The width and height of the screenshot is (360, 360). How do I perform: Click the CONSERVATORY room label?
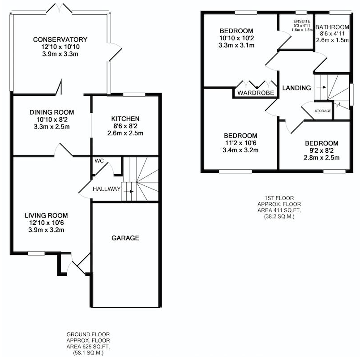pos(60,39)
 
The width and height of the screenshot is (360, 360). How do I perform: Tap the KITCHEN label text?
pos(125,119)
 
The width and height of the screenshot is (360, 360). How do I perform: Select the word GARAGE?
pos(125,238)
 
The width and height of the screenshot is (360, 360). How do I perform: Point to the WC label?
pos(99,161)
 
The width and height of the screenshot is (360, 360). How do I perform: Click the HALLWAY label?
pos(107,189)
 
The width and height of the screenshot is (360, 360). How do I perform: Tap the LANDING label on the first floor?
pos(296,88)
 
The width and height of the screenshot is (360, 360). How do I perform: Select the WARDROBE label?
pos(256,93)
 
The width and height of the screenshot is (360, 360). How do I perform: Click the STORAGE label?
pos(323,111)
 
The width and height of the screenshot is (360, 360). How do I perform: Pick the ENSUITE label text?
pos(302,21)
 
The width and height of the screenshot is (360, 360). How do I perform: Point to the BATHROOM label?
pos(332,27)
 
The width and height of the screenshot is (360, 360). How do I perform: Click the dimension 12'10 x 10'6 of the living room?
pos(47,223)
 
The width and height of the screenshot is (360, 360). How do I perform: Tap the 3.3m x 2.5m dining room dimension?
pos(52,127)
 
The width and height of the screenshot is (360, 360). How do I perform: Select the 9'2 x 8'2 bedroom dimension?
pos(321,150)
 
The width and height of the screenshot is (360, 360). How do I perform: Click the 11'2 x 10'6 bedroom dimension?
pos(240,143)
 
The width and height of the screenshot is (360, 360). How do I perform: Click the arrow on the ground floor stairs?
pos(129,192)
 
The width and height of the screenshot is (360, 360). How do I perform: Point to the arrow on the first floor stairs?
pos(321,87)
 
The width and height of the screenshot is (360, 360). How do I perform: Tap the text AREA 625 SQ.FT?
pos(88,347)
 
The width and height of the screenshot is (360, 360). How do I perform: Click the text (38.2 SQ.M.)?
pos(279,216)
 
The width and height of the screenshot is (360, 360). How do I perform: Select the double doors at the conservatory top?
pos(60,8)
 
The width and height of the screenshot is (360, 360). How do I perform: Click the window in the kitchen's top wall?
pos(134,94)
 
